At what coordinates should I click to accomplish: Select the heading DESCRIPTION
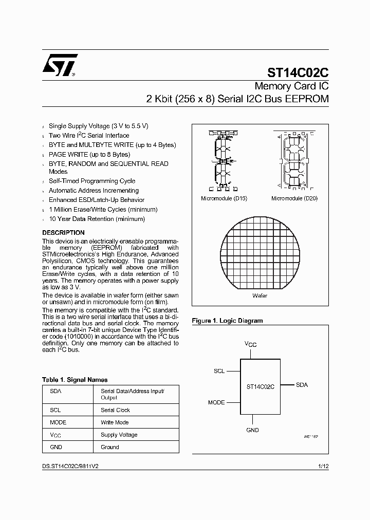pos(63,233)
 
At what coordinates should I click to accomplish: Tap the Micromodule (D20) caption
pos(294,198)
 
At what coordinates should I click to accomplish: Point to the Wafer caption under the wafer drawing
pos(260,296)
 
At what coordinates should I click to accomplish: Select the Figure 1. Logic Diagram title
pos(227,321)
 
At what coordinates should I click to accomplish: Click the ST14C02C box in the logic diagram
pos(260,386)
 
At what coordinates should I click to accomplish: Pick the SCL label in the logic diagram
pos(219,370)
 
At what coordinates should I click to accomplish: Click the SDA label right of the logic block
pos(302,385)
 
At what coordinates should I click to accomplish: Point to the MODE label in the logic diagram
pos(216,402)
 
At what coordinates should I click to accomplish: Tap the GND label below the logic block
pos(252,430)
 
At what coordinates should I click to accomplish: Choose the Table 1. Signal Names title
pos(75,380)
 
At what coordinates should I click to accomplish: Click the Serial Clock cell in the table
pos(115,410)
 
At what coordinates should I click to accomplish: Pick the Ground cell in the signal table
pos(109,447)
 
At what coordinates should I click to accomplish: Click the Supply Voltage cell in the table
pos(119,435)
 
